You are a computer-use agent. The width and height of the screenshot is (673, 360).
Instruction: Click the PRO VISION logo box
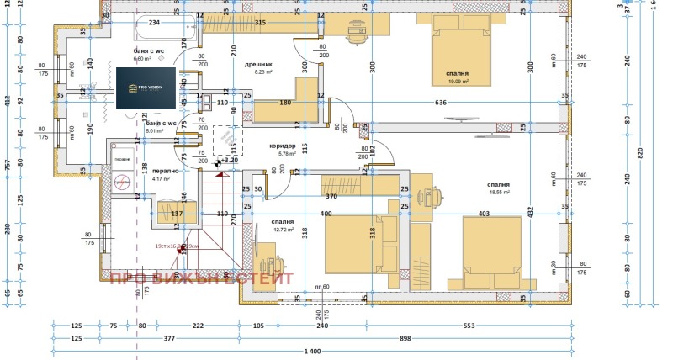146,87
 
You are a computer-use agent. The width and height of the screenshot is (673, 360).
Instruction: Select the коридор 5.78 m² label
283,150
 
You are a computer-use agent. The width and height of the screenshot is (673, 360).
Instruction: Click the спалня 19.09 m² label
458,78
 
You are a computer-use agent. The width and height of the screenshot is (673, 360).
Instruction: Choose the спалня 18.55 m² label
498,188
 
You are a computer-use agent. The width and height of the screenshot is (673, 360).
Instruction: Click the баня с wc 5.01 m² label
160,127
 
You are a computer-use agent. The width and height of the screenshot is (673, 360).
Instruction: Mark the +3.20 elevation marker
229,160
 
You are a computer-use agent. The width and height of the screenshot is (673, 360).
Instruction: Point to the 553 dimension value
492,325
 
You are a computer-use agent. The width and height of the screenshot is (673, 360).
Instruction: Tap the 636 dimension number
441,103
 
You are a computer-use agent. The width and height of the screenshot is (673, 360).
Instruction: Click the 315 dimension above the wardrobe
260,23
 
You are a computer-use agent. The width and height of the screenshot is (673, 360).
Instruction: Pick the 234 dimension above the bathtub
154,23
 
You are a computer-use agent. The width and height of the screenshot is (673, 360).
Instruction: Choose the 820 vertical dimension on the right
639,151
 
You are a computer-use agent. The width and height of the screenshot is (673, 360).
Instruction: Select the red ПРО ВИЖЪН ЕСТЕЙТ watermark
203,278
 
